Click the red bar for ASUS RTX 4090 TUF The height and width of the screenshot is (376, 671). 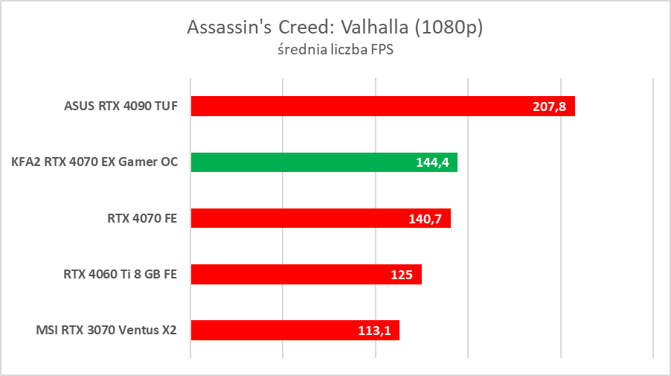(357, 106)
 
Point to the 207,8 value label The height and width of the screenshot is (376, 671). (550, 106)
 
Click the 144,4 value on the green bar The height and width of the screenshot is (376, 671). (432, 162)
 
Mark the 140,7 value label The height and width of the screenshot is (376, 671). (426, 218)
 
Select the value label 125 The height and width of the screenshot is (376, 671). (402, 274)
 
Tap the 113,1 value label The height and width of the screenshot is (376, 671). (374, 330)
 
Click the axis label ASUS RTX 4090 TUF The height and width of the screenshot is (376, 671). (121, 106)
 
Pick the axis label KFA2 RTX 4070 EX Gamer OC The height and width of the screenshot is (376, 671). (94, 162)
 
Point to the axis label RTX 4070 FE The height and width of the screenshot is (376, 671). (142, 217)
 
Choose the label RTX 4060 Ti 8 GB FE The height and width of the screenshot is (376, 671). (121, 273)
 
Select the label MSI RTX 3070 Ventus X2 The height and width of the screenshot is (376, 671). (106, 329)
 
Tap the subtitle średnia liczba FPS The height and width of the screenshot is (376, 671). (335, 51)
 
